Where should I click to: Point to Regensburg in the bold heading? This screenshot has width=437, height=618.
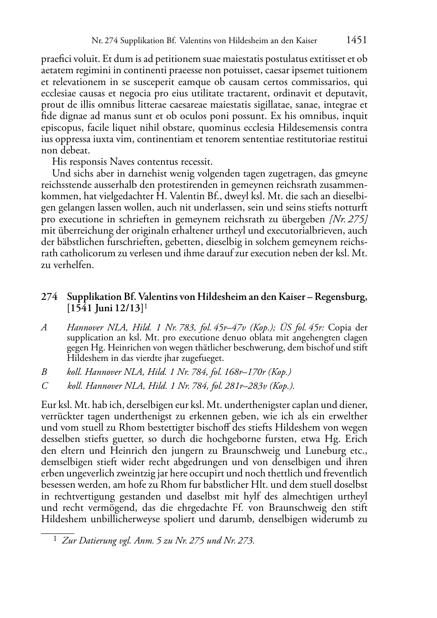click(x=340, y=297)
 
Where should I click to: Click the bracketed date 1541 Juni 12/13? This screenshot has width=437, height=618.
click(x=105, y=309)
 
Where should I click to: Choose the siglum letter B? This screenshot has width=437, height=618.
click(x=44, y=372)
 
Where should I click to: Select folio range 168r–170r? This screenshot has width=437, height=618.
click(x=242, y=372)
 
